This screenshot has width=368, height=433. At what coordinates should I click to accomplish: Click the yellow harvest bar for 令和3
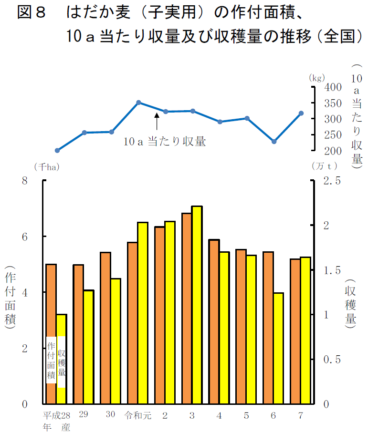[x=197, y=305]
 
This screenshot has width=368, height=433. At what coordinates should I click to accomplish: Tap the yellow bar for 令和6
[x=279, y=348]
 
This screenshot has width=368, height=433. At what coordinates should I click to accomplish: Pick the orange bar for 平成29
[x=78, y=334]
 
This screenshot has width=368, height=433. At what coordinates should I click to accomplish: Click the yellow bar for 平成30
[x=116, y=341]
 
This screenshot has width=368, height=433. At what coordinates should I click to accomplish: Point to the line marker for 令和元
[x=138, y=103]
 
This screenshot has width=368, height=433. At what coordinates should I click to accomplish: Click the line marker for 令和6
[x=274, y=142]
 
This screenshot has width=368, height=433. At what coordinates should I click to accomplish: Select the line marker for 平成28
[x=57, y=150]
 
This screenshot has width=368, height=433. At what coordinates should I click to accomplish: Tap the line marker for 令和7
[x=301, y=113]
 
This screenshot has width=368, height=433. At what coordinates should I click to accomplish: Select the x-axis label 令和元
[x=137, y=415]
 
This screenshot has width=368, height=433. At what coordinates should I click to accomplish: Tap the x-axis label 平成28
[x=57, y=415]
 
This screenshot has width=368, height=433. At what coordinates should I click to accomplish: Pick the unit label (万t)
[x=325, y=166]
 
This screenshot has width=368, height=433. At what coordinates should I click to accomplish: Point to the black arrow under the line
[x=157, y=122]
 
